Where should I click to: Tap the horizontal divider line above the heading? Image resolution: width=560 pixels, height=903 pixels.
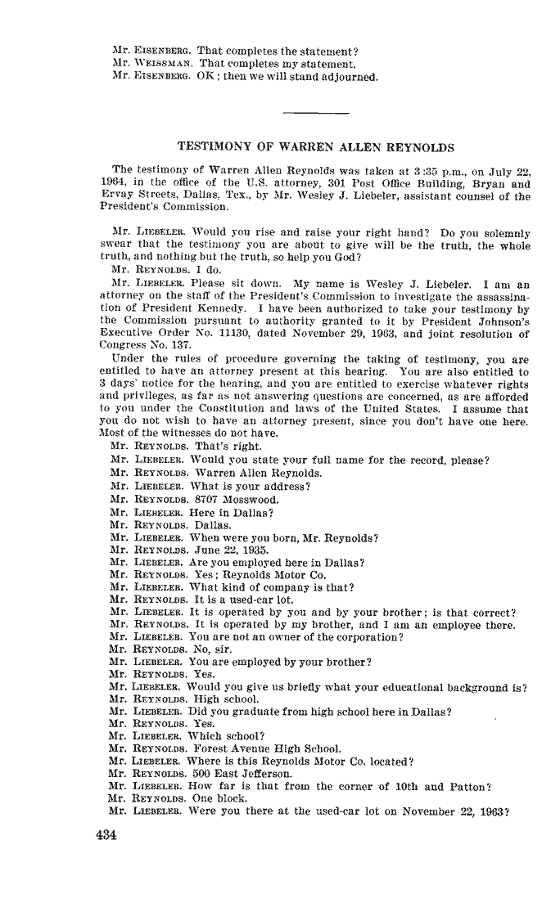(x=315, y=111)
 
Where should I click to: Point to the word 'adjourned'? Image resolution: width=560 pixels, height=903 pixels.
(x=350, y=78)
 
